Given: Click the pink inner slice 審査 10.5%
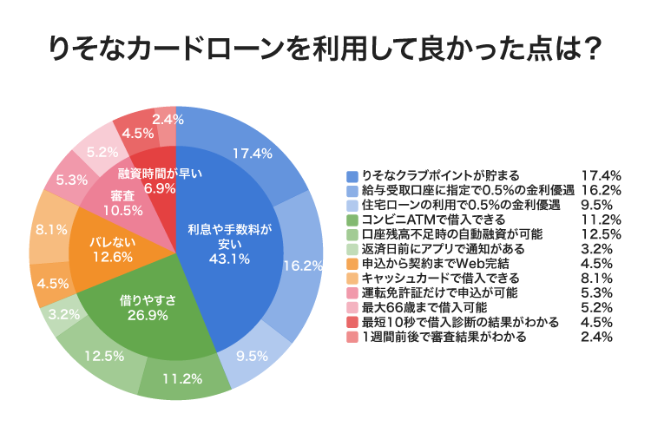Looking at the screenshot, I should (122, 201).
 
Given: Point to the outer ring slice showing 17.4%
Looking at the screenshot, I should (252, 153).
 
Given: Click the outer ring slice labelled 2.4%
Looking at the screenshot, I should (166, 120).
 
